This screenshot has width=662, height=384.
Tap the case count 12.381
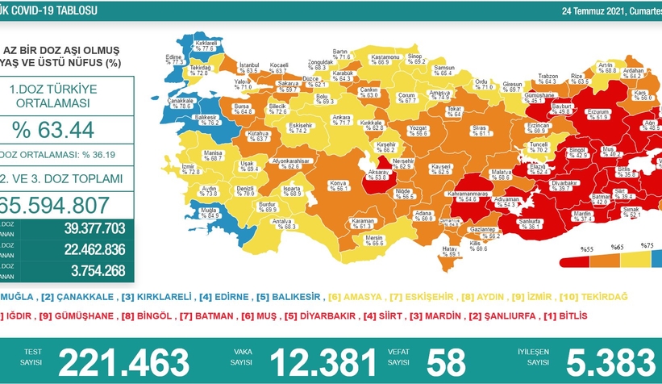coord(323,361)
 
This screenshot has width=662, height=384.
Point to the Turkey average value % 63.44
coord(54,129)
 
